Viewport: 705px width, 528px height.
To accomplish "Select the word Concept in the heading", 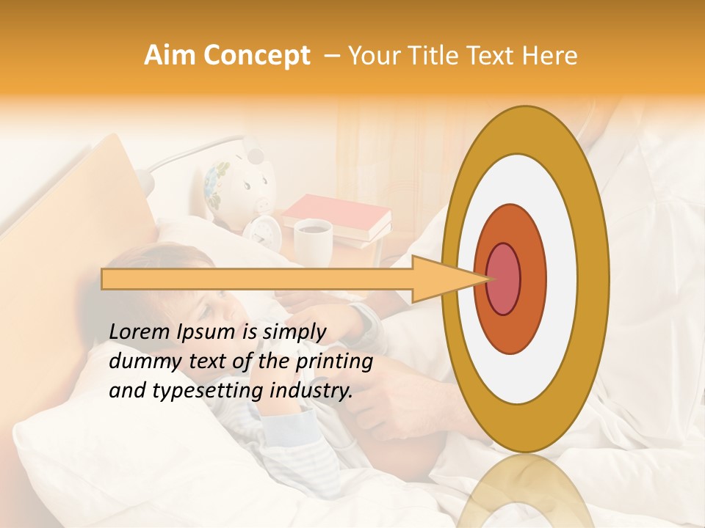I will pos(256,56).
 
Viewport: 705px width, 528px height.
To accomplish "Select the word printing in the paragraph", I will pos(335,362).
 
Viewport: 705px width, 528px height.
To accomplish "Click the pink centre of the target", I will pos(504,279).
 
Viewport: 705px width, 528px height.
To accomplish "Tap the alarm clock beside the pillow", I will pos(262,230).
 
